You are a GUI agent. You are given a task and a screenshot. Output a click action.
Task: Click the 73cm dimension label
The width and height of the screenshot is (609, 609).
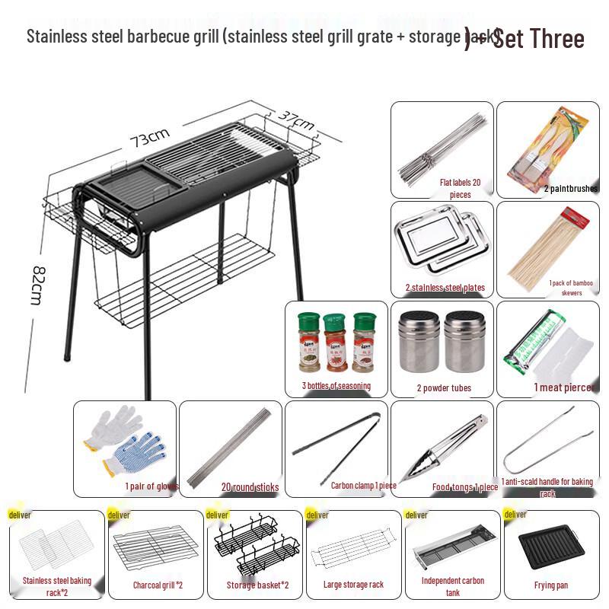click(149, 138)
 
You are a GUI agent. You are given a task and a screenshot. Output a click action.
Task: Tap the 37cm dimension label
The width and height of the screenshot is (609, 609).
click(297, 120)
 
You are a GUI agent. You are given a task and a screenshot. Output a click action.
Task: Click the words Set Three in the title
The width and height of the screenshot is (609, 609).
click(539, 38)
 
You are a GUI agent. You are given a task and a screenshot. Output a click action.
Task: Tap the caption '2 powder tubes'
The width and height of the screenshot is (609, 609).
click(444, 388)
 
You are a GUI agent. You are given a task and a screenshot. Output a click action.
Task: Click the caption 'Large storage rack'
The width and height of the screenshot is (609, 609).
click(352, 585)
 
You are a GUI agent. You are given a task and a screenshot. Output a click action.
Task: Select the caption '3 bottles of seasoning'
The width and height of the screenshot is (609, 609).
click(336, 386)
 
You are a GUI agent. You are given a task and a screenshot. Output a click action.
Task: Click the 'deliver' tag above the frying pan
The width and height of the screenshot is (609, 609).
click(515, 515)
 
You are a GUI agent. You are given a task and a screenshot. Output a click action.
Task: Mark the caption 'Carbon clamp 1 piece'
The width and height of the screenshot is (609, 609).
click(363, 484)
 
